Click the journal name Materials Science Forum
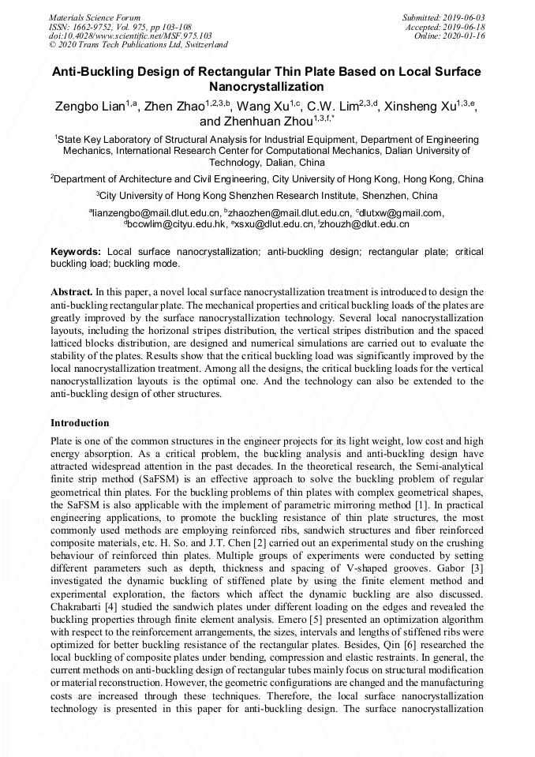coord(95,17)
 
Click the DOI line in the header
coord(130,36)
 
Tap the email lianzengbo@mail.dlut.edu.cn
coord(155,212)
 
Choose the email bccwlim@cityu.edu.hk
coord(174,224)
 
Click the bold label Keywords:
coord(77,251)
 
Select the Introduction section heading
coord(80,423)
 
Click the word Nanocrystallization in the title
coord(266,86)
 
